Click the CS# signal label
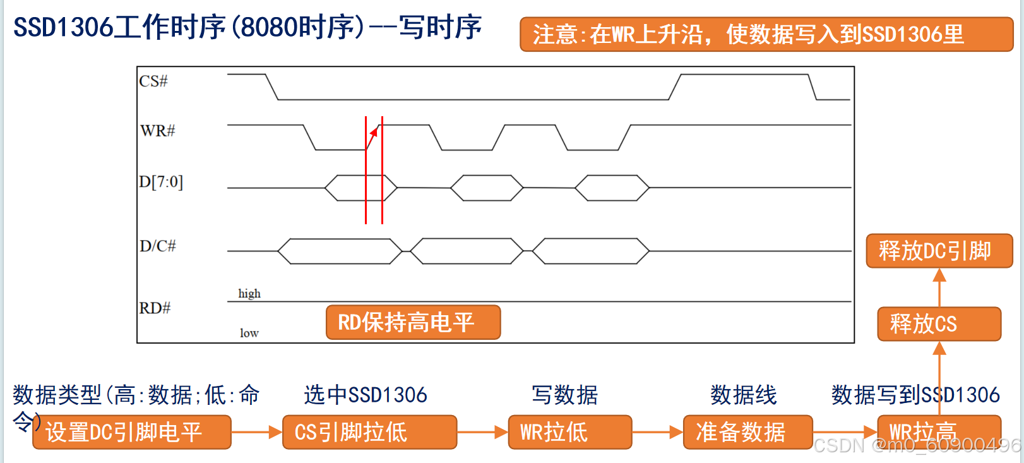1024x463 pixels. pos(153,81)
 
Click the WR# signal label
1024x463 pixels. pos(157,131)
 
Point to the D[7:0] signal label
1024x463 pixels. pos(161,182)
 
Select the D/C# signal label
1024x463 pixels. pos(157,246)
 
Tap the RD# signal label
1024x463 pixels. pos(155,308)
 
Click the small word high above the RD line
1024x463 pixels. pos(249,294)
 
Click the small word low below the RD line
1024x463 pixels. pos(249,333)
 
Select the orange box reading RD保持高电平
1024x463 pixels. pos(413,322)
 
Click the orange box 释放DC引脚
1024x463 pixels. pos(939,251)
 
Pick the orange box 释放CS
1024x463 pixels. pos(939,324)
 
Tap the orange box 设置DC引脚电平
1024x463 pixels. pos(131,432)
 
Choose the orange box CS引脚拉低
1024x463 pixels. pos(369,432)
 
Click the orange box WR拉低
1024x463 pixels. pos(569,432)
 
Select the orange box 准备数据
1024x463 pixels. pos(747,432)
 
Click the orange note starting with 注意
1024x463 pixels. pos(766,34)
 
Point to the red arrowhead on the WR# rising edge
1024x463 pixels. pos(374,132)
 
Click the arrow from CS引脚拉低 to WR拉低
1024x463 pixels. pos(482,432)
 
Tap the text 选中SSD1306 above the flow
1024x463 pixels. pos(366,395)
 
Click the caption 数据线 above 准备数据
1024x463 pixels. pos(743,395)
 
